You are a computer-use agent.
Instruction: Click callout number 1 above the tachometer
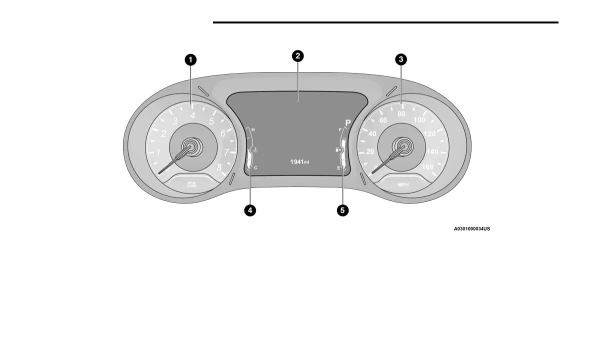pos(190,60)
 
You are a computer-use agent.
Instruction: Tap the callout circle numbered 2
pos(297,55)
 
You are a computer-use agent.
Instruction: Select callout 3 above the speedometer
pos(400,60)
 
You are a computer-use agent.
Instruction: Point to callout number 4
pos(249,210)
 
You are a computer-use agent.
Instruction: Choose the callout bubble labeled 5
pos(342,210)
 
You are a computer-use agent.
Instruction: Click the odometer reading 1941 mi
pos(299,162)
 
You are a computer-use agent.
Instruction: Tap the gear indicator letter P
pos(348,122)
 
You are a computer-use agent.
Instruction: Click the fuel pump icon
pos(338,149)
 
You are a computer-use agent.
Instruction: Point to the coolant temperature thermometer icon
pos(255,149)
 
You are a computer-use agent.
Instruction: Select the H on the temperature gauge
pos(253,130)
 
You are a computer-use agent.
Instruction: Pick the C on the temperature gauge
pos(255,168)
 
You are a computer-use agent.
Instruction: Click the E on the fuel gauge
pos(338,168)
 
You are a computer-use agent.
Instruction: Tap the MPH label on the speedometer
pos(403,184)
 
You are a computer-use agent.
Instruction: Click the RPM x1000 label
pos(192,184)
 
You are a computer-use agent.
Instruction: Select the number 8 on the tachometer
pos(219,167)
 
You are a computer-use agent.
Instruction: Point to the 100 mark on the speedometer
pos(419,120)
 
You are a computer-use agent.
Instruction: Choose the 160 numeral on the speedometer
pos(427,167)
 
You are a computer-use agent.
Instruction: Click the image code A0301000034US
pos(471,229)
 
